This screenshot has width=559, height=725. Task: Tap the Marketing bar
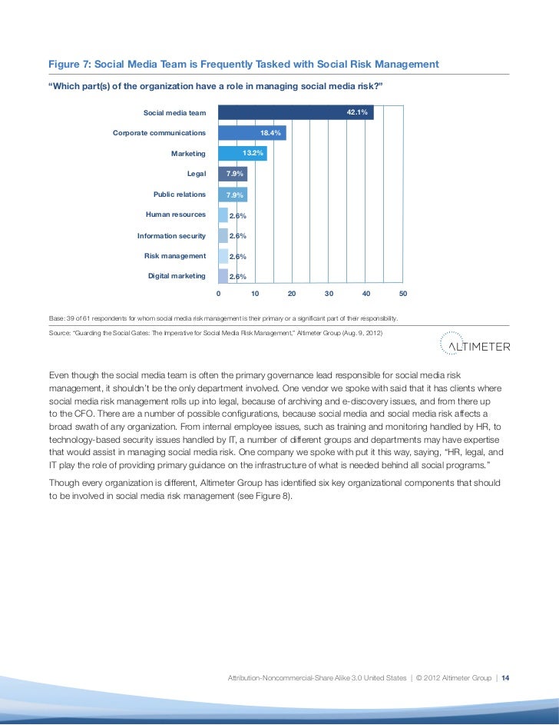242,154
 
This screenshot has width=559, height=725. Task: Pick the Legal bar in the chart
233,174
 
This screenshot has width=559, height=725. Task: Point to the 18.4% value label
271,133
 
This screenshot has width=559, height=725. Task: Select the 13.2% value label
253,154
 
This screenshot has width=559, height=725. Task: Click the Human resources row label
170,215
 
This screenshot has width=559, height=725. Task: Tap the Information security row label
171,235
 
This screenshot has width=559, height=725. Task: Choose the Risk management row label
175,255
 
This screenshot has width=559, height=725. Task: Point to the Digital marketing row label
177,275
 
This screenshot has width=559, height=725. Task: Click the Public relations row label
180,195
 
